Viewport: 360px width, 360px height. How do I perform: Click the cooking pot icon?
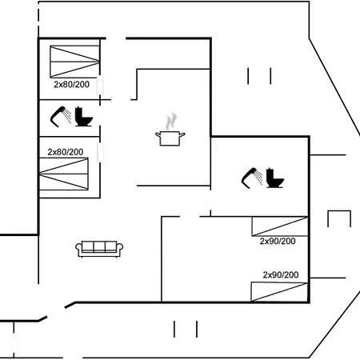pos(170,138)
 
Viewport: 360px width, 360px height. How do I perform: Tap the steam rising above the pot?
pos(170,122)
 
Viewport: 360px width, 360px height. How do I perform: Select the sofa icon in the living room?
pos(99,249)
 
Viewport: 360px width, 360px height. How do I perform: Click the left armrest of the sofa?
pos(78,249)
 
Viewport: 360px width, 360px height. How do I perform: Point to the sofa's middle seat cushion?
pos(99,246)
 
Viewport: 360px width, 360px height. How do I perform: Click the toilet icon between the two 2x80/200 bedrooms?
pos(83,117)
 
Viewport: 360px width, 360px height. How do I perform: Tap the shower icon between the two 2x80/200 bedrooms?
pos(60,117)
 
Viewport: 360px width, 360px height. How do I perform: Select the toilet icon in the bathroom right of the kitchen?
pos(274,178)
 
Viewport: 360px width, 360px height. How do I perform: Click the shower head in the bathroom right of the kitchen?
pos(252,178)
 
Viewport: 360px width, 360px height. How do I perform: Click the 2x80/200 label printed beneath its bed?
pos(71,85)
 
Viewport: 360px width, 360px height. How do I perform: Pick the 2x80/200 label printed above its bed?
pos(66,152)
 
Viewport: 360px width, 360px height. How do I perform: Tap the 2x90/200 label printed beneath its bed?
pos(278,242)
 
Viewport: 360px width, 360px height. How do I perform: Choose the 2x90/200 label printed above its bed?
pos(281,274)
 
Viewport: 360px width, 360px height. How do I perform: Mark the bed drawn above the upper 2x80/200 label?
pos(74,62)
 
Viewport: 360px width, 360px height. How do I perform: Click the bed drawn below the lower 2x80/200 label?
pos(64,174)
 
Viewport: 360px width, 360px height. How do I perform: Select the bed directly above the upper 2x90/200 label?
pos(280,226)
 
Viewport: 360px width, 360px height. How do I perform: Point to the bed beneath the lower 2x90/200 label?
pos(279,292)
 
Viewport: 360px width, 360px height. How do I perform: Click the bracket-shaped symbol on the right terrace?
pos(339,211)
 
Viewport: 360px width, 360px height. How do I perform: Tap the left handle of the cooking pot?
pos(158,135)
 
